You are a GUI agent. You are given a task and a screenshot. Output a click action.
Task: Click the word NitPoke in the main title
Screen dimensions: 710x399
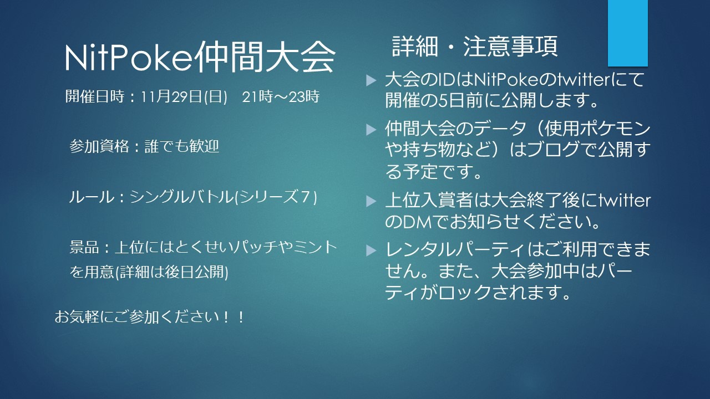(128, 58)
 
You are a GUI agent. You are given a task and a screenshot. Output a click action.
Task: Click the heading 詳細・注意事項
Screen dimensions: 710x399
(475, 46)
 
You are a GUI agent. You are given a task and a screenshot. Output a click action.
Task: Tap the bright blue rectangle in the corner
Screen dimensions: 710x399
(627, 33)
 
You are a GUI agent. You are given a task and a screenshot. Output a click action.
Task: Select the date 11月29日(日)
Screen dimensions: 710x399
(184, 96)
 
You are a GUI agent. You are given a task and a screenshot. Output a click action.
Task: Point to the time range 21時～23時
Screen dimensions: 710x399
(281, 96)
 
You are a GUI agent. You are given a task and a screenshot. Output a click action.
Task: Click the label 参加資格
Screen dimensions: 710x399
(99, 147)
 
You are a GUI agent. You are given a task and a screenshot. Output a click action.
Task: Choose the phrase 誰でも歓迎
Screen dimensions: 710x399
(182, 147)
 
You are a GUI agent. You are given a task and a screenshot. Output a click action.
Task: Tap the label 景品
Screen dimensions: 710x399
(84, 247)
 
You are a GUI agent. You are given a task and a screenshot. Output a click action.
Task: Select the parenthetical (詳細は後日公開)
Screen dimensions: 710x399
(171, 272)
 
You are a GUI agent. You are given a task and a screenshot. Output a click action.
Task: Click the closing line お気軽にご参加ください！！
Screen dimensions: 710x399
(150, 316)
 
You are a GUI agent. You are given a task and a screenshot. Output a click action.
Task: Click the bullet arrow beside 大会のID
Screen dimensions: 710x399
(371, 80)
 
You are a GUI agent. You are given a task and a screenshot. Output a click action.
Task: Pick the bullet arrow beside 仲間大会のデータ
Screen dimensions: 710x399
(371, 129)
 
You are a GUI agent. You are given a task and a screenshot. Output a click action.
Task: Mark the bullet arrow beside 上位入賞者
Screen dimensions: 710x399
(371, 201)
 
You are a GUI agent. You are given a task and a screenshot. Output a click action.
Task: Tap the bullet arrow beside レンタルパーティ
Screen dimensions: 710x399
(371, 250)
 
